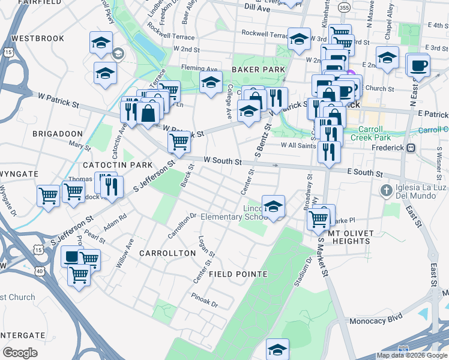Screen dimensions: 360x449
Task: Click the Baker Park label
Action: [258, 70]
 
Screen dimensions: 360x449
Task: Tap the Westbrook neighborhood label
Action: [38, 38]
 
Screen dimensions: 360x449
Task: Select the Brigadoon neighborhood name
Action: [57, 133]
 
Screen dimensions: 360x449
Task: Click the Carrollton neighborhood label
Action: [167, 253]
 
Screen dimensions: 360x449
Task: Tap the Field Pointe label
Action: [238, 274]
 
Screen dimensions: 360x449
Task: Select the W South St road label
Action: [222, 161]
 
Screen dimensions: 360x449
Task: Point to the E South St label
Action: [365, 173]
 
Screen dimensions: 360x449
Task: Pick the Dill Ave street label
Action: [258, 8]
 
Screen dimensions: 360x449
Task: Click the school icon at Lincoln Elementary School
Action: [273, 207]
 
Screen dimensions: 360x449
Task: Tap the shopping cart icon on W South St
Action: [179, 142]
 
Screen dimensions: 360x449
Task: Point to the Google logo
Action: [20, 353]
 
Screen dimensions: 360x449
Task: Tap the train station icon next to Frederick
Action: [411, 148]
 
